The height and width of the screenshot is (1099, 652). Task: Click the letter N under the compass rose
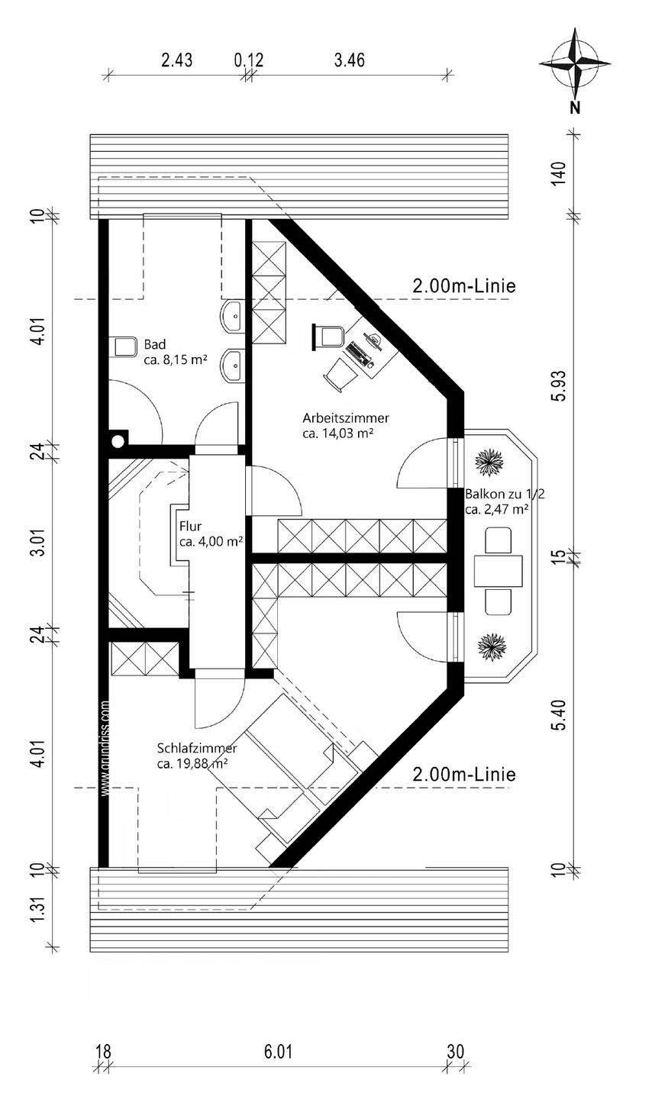[575, 107]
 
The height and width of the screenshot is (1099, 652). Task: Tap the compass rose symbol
[575, 63]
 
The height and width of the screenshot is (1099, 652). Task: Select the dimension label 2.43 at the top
[177, 60]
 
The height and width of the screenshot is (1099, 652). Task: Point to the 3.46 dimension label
[349, 60]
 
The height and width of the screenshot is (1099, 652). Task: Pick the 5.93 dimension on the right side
[559, 385]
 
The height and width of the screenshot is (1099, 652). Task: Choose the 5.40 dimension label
[559, 715]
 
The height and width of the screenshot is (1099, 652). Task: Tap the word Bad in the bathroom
[155, 344]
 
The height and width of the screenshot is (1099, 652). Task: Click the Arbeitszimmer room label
[346, 418]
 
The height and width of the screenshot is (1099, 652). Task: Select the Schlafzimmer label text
[198, 749]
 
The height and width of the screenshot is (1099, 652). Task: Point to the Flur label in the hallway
[191, 527]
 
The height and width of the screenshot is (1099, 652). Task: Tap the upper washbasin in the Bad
[233, 317]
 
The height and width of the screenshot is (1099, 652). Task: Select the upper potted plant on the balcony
[490, 461]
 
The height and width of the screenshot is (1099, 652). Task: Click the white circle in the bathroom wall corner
[118, 441]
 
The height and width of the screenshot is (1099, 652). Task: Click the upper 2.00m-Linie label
[464, 285]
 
